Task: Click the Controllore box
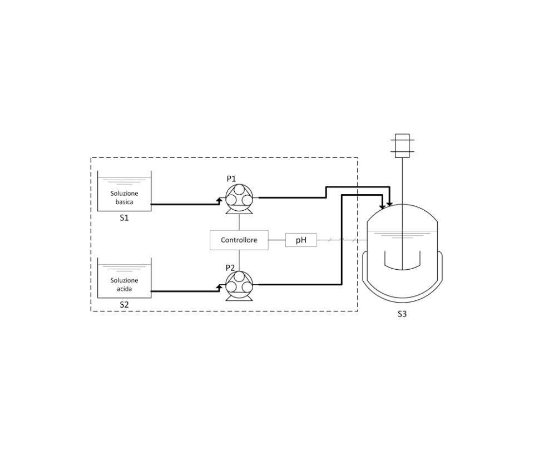coord(239,240)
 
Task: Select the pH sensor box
coord(301,240)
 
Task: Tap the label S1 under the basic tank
coord(124,218)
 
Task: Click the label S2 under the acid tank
coord(124,305)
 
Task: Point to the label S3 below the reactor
coord(402,314)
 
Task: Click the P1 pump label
coord(231,179)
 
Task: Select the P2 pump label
coord(230,268)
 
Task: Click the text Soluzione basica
coord(124,197)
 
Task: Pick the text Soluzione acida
coord(124,285)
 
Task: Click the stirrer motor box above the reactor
coord(402,146)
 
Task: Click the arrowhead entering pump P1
coord(220,200)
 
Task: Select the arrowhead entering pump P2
coord(220,288)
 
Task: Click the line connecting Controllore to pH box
coord(277,240)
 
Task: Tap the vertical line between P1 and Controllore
coord(239,222)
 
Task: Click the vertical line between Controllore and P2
coord(239,260)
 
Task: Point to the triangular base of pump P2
coord(239,297)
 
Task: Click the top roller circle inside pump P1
coord(239,189)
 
